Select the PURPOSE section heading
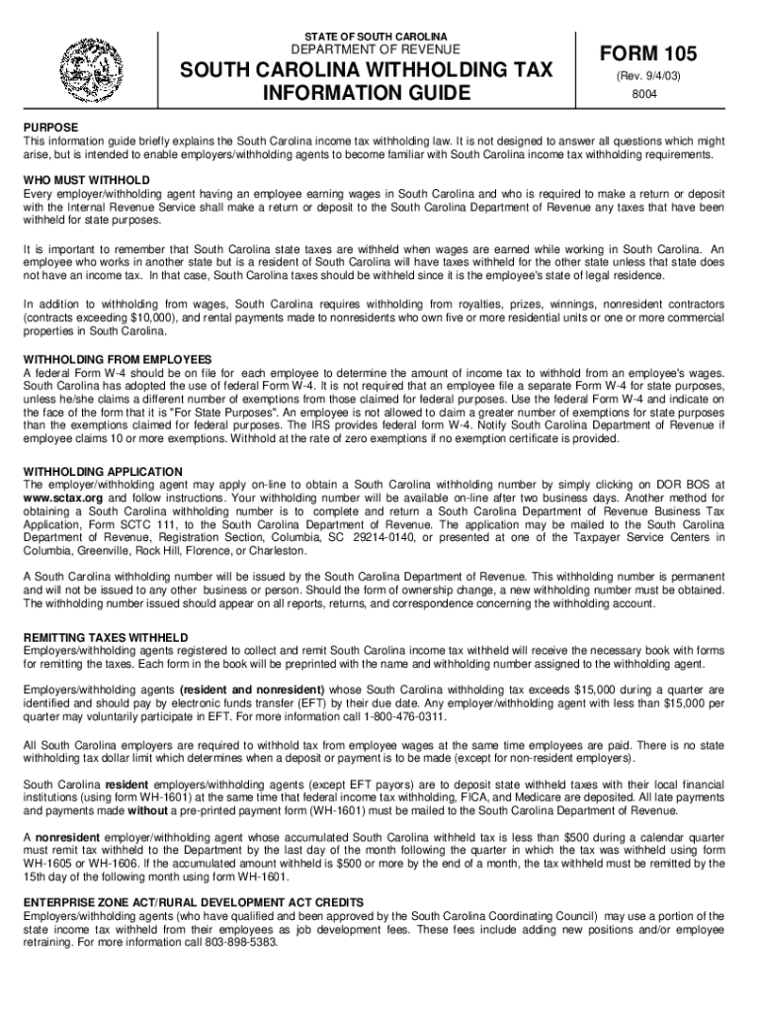[x=52, y=129]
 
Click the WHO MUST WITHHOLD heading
[x=88, y=181]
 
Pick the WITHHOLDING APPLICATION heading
[x=103, y=472]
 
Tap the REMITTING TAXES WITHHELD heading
[x=106, y=636]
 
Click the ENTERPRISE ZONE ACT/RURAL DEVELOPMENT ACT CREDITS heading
[x=194, y=902]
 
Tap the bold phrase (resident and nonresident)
[x=263, y=689]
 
